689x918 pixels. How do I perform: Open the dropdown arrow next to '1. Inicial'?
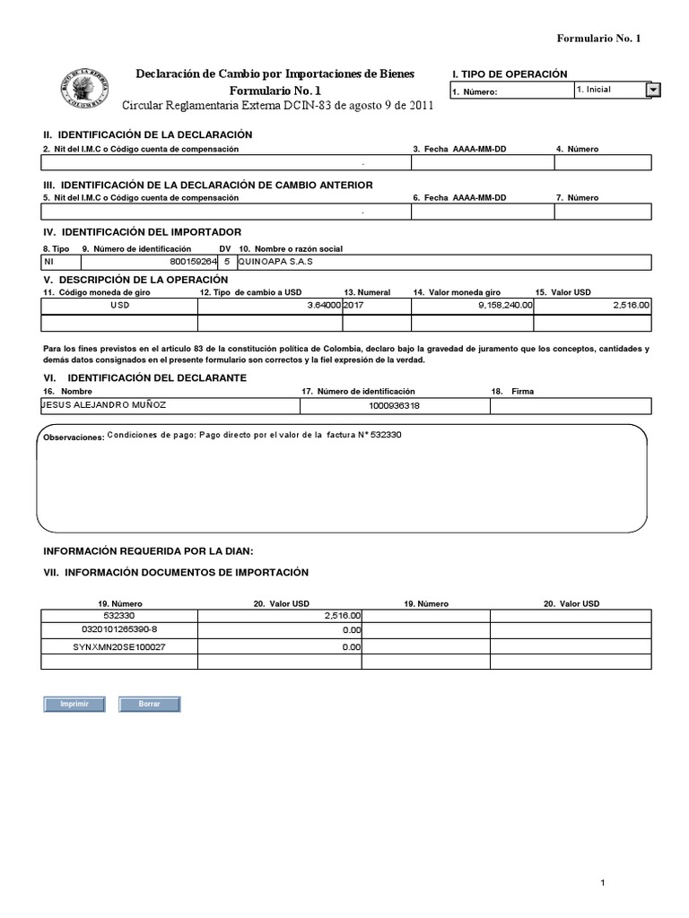(x=653, y=90)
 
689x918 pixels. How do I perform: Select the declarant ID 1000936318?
(x=394, y=406)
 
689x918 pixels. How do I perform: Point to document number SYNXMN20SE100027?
(x=118, y=646)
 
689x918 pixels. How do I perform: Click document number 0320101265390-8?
(x=118, y=631)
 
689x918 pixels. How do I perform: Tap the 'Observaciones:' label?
(x=73, y=437)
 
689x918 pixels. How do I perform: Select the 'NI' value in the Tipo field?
(x=49, y=263)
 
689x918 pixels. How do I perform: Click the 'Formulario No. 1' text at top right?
(x=598, y=39)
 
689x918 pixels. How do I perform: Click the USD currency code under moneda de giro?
(x=119, y=306)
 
